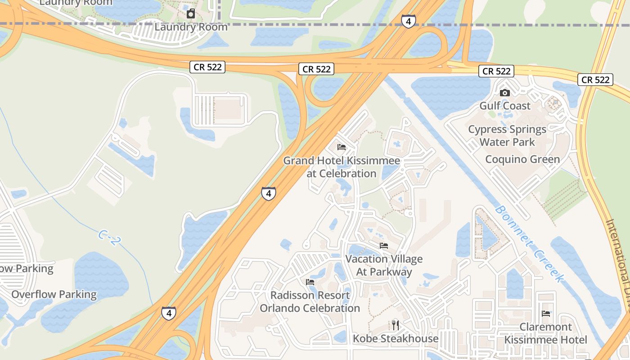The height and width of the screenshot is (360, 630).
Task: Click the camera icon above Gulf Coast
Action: click(505, 93)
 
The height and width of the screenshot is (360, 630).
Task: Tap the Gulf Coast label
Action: click(505, 106)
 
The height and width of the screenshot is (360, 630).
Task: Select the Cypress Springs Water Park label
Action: click(507, 135)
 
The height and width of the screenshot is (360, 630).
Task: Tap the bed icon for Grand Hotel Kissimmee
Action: click(342, 147)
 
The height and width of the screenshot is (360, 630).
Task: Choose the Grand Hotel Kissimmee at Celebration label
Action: click(342, 167)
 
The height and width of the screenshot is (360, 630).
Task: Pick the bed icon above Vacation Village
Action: click(384, 246)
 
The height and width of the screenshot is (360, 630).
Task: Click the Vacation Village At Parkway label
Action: click(384, 265)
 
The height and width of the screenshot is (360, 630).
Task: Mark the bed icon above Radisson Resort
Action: click(310, 282)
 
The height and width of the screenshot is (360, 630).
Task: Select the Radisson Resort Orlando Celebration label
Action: click(310, 302)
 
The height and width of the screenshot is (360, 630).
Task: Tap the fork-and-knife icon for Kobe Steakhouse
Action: click(396, 325)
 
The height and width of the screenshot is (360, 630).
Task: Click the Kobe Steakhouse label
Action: click(396, 338)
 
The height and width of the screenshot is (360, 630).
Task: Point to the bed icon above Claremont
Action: click(546, 314)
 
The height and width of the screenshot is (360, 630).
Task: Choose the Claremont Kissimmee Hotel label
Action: click(546, 333)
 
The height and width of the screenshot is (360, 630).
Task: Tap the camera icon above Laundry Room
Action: click(191, 13)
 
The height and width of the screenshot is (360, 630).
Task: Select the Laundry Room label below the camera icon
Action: click(191, 27)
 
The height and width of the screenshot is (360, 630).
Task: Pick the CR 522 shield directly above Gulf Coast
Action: click(496, 71)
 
